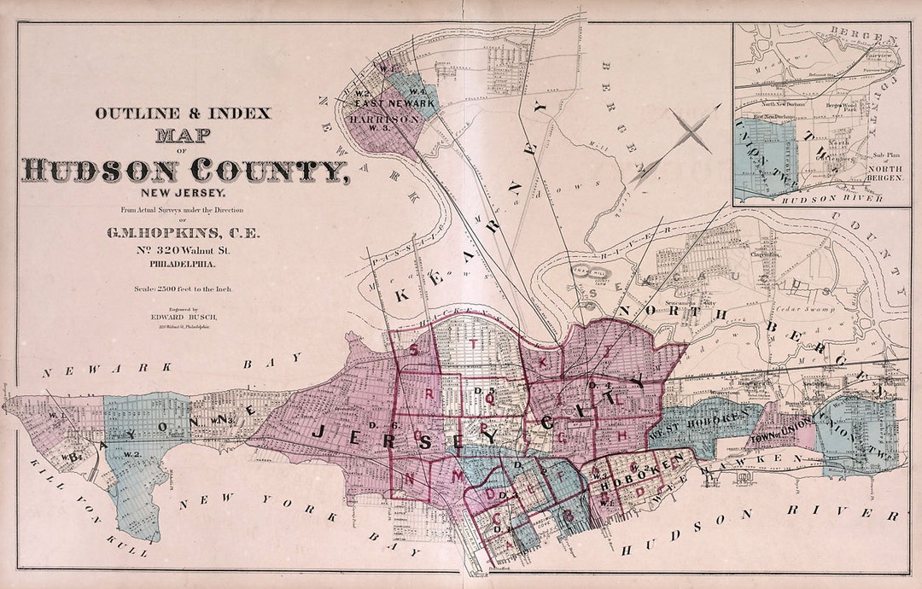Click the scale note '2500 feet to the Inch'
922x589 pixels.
click(x=183, y=289)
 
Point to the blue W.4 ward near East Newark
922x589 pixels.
click(x=418, y=91)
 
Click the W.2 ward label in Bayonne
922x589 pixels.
click(x=131, y=453)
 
